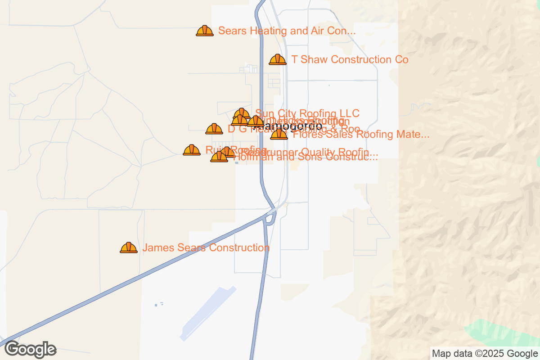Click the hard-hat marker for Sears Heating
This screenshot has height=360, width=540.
pos(205,31)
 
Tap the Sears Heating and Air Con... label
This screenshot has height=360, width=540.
pos(287,31)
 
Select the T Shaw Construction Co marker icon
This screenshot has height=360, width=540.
pos(278,59)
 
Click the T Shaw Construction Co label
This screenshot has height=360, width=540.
pos(350,60)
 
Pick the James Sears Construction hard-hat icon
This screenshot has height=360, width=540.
pos(129,247)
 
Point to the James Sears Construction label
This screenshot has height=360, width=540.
pos(206,248)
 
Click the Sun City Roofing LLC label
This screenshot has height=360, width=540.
pos(307,113)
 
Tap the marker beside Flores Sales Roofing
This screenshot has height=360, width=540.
pos(279,134)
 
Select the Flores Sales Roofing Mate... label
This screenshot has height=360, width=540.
pos(361,134)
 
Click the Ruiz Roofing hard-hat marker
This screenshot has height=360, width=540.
pos(192,150)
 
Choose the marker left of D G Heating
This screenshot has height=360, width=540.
pos(214,129)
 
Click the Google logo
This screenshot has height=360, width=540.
pos(31,349)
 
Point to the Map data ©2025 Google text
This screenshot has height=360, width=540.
pos(484,353)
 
